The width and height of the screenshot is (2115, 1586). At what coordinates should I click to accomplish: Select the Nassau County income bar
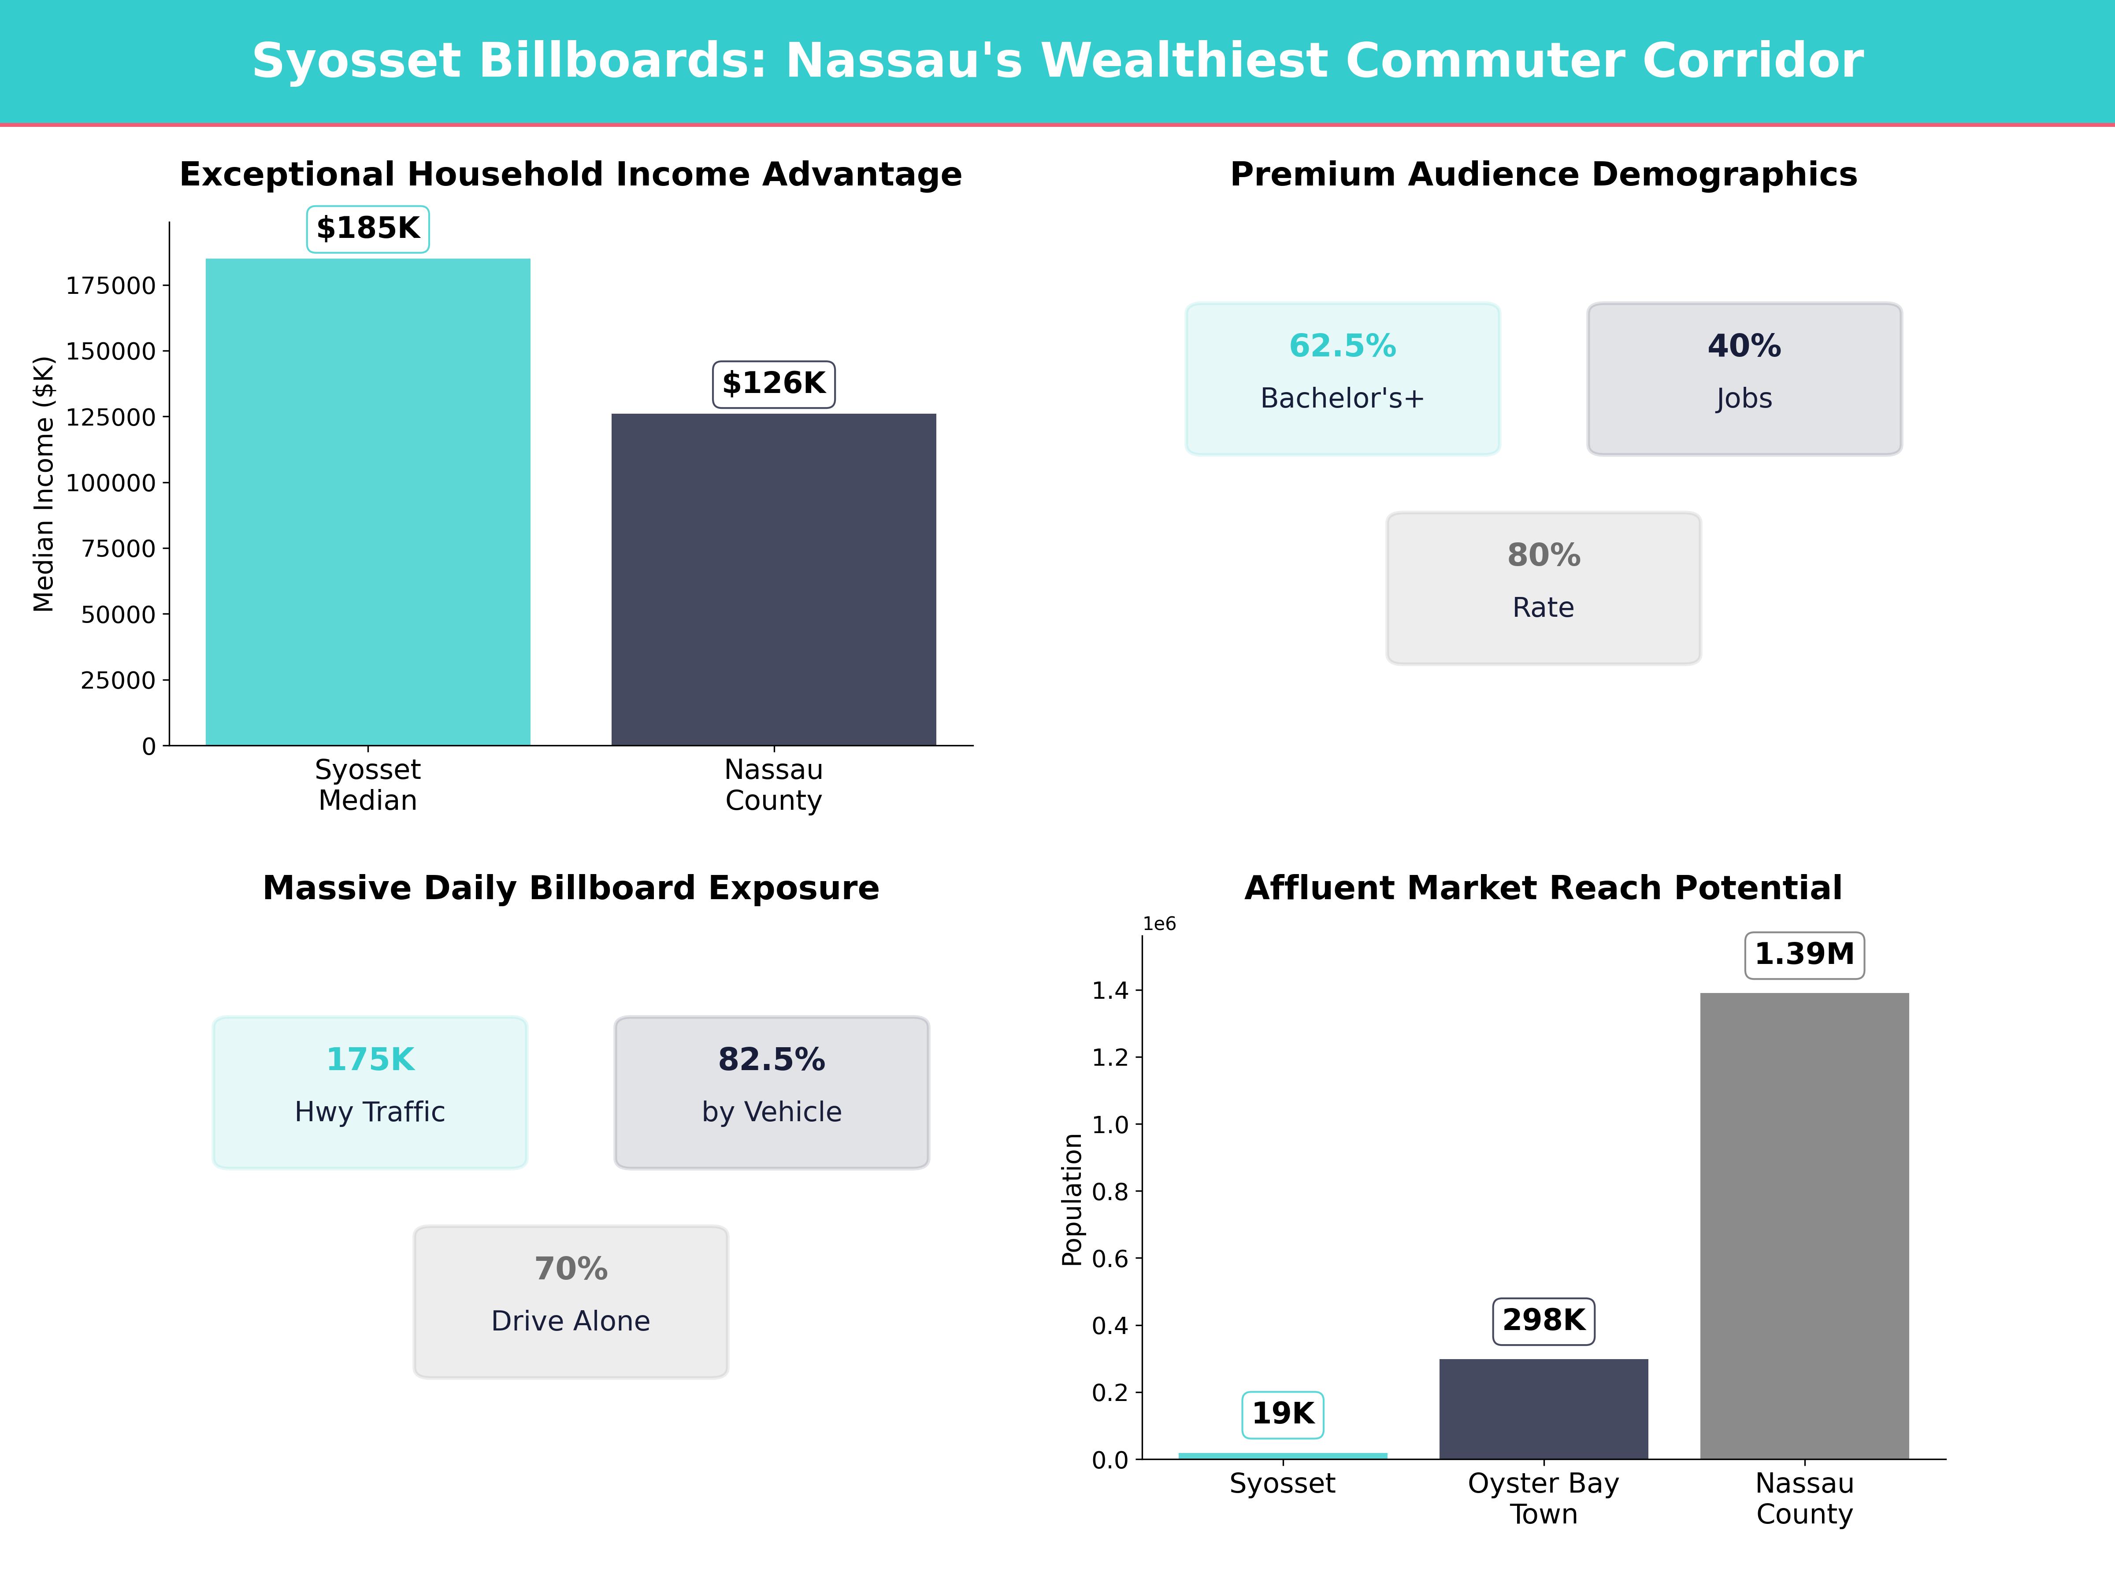click(x=774, y=579)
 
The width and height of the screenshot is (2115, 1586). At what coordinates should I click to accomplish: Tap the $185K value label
click(x=368, y=229)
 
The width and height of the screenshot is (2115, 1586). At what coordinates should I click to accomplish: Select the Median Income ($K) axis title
click(x=44, y=484)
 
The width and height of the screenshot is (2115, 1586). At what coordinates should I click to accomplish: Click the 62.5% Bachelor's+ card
click(x=1343, y=378)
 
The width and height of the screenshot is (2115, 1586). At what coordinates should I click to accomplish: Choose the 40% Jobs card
click(x=1744, y=378)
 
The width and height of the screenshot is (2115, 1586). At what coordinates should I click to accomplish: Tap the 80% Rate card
click(x=1543, y=588)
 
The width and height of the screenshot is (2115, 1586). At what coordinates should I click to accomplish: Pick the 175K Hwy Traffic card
click(x=370, y=1092)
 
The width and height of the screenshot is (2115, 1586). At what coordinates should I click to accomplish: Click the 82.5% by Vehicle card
click(x=772, y=1092)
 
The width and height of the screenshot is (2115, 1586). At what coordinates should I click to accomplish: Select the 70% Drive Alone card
click(x=571, y=1301)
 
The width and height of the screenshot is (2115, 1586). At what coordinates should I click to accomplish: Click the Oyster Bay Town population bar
click(x=1543, y=1408)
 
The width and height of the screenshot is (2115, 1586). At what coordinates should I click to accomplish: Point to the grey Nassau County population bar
click(x=1804, y=1226)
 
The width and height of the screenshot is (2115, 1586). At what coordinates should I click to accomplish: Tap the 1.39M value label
click(x=1804, y=954)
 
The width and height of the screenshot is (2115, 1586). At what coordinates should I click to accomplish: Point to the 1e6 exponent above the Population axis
click(x=1159, y=923)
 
